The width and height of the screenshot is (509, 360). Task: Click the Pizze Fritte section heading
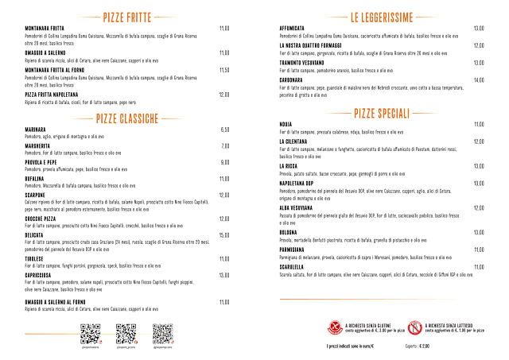tap(128, 17)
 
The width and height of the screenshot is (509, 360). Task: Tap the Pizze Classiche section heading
tap(128, 118)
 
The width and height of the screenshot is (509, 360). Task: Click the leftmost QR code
tap(90, 332)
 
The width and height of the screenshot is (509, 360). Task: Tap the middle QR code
tap(126, 332)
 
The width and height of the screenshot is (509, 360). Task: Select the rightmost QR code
tap(162, 332)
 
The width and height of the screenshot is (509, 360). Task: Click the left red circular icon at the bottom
tap(335, 327)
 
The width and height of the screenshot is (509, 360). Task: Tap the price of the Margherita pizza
tap(225, 146)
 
